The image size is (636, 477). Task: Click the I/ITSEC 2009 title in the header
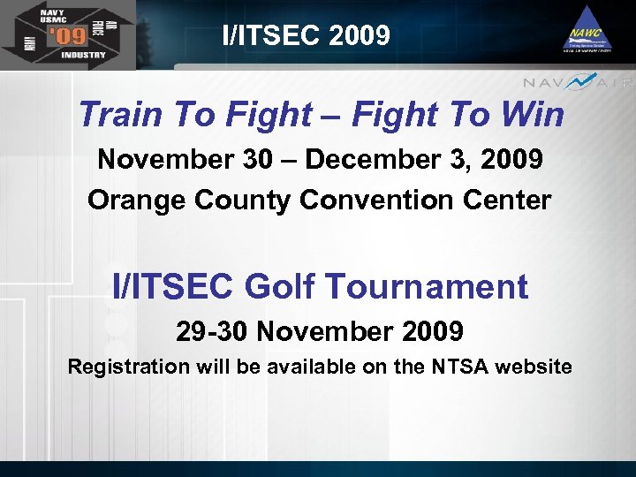[x=306, y=35]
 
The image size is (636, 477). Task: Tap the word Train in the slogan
[x=116, y=114]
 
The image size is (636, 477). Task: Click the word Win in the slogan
[x=534, y=114]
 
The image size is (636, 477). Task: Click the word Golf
[x=280, y=286]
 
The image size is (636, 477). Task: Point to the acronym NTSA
[x=465, y=366]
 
